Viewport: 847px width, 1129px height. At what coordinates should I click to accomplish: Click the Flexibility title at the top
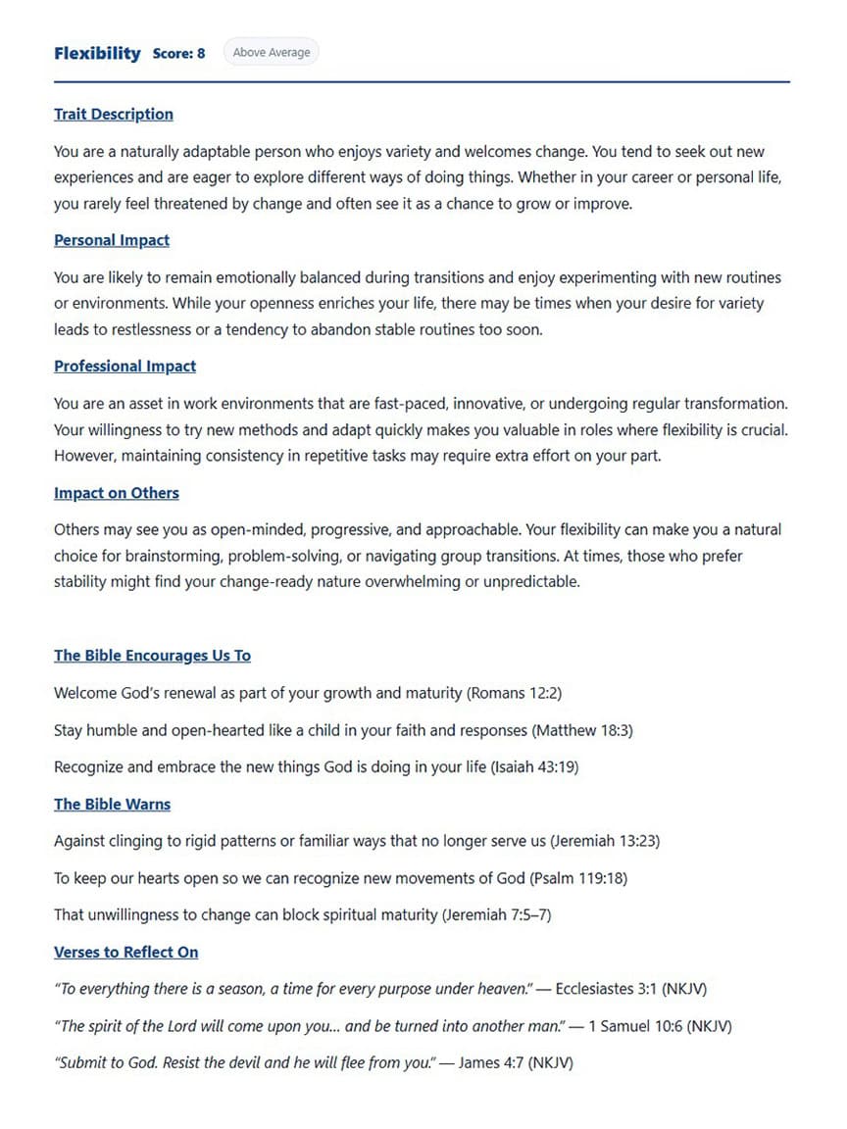[97, 53]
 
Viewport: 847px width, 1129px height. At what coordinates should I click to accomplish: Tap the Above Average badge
[272, 53]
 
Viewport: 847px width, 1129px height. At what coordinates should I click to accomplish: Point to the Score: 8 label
[179, 54]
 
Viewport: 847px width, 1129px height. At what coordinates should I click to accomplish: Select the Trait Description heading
[114, 115]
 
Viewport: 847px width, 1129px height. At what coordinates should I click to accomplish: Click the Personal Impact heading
[112, 240]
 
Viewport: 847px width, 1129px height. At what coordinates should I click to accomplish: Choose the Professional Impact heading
[125, 367]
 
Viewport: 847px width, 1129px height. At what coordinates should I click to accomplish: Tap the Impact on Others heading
[117, 493]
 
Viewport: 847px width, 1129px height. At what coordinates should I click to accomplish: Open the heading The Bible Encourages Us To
[152, 656]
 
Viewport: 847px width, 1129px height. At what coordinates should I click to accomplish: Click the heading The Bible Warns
[112, 805]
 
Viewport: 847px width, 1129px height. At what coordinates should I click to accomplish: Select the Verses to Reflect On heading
[125, 953]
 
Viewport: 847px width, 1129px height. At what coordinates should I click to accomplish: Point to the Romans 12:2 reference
[515, 693]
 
